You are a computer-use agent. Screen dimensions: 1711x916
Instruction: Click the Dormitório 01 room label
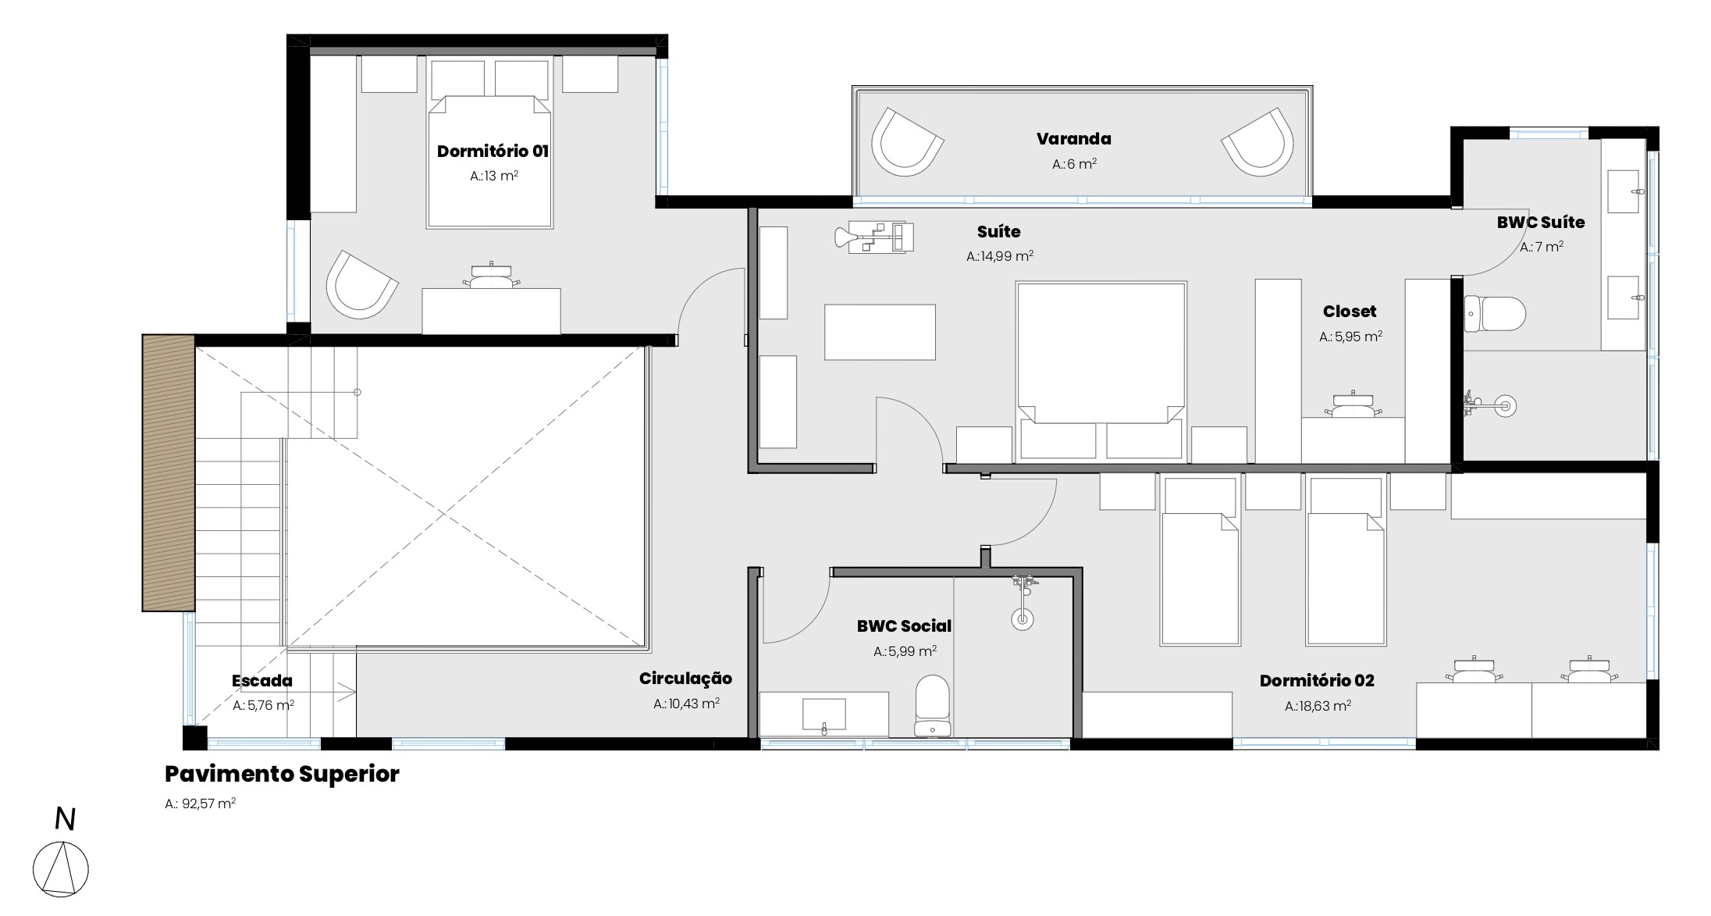click(x=493, y=151)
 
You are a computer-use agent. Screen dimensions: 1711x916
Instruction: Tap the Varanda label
click(x=1073, y=139)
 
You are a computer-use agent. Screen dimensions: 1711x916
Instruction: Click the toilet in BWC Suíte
click(x=1494, y=313)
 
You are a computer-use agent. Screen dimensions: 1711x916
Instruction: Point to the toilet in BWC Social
click(x=932, y=706)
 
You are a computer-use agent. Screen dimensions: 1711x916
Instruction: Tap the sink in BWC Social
click(x=824, y=715)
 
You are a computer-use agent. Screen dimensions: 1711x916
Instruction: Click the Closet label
click(x=1350, y=312)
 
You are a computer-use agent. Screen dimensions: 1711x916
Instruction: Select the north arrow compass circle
click(x=61, y=869)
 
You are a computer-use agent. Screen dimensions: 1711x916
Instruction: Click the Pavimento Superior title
click(x=282, y=774)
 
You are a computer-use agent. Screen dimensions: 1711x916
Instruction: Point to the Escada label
click(x=262, y=681)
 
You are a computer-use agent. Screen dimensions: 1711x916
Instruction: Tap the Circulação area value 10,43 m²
click(x=686, y=704)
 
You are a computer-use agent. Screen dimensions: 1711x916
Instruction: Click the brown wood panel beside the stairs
click(x=169, y=472)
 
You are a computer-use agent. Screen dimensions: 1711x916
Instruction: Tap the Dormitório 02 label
click(x=1317, y=681)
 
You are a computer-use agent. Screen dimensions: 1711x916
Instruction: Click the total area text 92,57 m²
click(x=201, y=804)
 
